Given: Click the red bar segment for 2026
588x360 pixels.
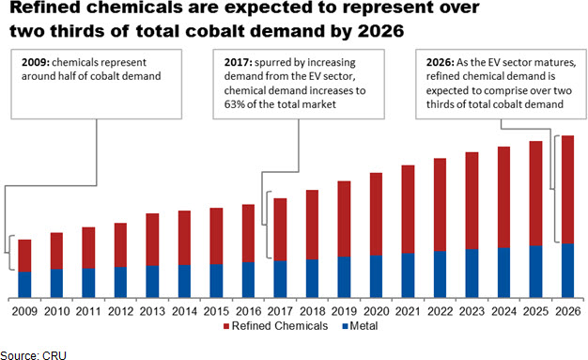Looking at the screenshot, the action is pos(567,190).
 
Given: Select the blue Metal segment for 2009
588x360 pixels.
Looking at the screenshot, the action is pos(24,285).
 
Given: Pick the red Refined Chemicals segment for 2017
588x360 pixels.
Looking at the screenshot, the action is pos(280,229).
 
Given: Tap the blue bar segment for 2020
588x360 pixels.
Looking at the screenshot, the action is pos(376,277).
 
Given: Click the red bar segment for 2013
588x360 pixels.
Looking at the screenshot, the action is pos(152,240).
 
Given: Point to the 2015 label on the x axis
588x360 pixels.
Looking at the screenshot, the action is pos(216,311).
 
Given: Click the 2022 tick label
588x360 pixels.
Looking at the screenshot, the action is pos(440,311).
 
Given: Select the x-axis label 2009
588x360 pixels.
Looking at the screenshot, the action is pos(24,311).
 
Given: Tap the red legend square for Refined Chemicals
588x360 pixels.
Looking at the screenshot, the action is pos(226,326).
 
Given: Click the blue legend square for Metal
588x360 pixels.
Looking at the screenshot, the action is pos(345,326).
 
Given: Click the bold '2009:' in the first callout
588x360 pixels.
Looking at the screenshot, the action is pos(36,62).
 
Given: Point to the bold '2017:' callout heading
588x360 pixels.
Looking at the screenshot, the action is pos(238,62).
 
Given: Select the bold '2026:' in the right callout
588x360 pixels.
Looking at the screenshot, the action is pos(441,62).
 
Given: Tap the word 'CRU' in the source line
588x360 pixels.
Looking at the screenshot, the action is pos(54,355).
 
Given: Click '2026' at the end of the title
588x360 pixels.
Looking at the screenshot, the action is pos(380,31).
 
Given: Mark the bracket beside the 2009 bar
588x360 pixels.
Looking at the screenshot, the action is pos(10,253).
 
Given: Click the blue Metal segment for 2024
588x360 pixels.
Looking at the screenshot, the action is pos(503,274).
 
